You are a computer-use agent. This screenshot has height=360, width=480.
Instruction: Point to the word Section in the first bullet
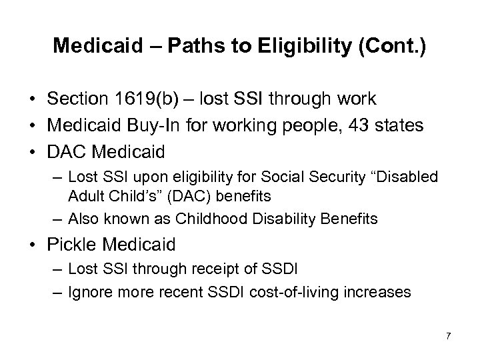tap(73, 99)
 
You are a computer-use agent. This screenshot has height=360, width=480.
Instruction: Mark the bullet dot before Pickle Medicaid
tap(35, 245)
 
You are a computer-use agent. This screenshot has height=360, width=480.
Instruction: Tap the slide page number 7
tap(448, 335)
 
